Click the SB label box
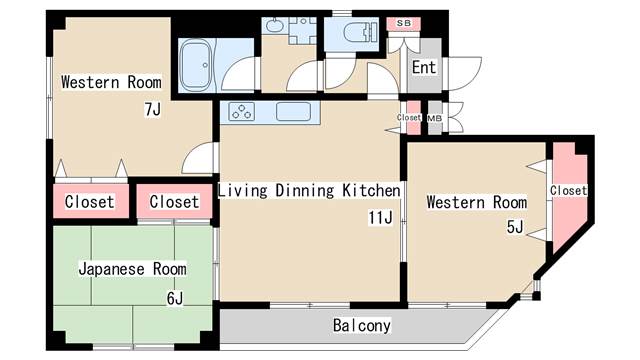tap(404, 23)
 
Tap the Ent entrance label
tap(424, 67)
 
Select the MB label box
tap(434, 118)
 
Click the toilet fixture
tap(360, 32)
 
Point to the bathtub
tap(196, 65)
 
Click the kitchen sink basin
tap(293, 111)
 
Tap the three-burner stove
tap(242, 111)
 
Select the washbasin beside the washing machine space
tap(273, 26)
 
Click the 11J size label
tap(380, 218)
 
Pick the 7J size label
tap(153, 109)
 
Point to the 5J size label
tap(515, 227)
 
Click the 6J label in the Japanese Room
tap(175, 299)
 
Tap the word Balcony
tap(362, 325)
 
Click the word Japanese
tap(111, 269)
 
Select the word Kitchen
tap(371, 191)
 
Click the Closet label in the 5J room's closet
tap(568, 191)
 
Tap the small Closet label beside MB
tap(409, 118)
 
